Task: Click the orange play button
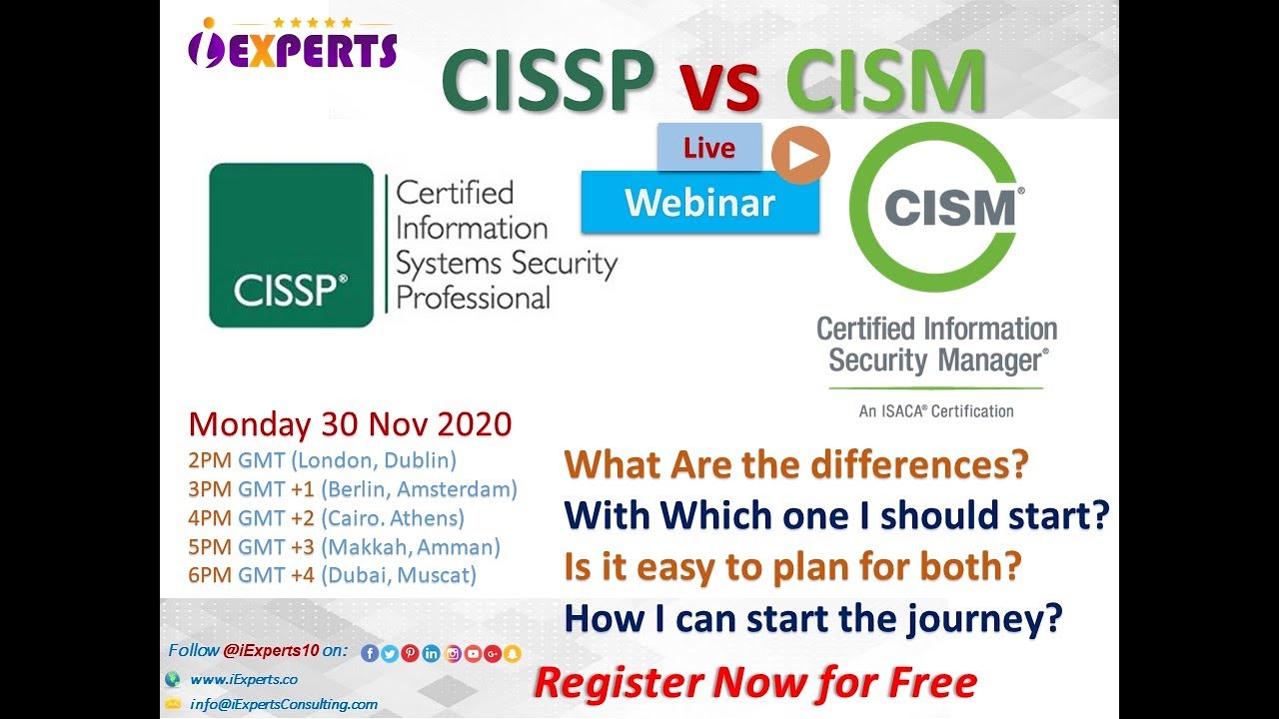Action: tap(800, 155)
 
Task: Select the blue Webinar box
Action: tap(699, 203)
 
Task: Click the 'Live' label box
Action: tap(709, 148)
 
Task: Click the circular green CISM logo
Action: tap(935, 208)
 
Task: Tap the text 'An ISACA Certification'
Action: tap(936, 410)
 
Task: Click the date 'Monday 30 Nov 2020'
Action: tap(350, 424)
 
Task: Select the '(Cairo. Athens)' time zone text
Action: tap(393, 518)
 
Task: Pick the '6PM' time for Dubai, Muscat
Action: tap(208, 575)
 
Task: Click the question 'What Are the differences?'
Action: tap(796, 464)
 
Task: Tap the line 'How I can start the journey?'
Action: tap(812, 619)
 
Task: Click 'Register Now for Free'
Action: tap(754, 683)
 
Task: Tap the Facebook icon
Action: tap(369, 654)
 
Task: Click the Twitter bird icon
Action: tap(390, 654)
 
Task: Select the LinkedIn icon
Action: tap(431, 654)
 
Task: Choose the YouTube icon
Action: tap(473, 654)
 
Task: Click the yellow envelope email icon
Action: tap(171, 704)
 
